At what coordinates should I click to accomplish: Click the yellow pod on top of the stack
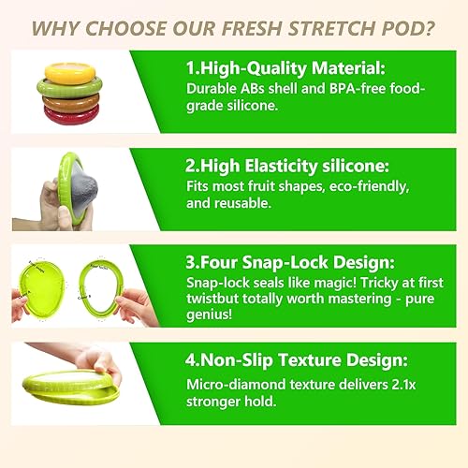tap(71, 71)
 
